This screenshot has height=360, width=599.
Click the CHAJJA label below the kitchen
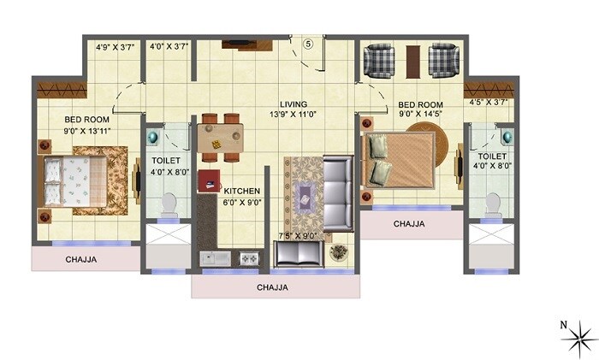click(x=272, y=288)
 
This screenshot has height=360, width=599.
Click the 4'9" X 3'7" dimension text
click(x=113, y=48)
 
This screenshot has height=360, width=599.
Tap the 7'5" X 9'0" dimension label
click(x=299, y=236)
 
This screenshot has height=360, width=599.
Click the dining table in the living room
click(x=220, y=137)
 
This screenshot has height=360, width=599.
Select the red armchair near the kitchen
click(x=209, y=181)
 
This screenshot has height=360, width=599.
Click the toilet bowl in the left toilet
click(x=168, y=204)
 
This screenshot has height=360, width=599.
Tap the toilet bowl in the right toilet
click(x=492, y=203)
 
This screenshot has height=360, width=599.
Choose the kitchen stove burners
click(x=249, y=257)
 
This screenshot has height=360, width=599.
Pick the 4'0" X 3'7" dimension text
click(x=169, y=48)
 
